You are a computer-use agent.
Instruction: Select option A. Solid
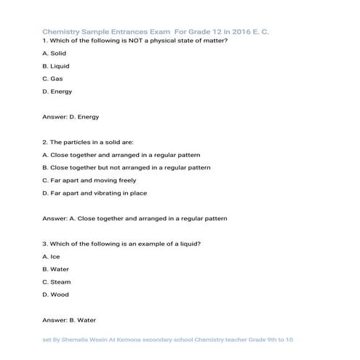tap(55, 53)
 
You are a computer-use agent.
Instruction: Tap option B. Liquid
tap(56, 65)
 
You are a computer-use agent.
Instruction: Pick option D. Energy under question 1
tap(57, 91)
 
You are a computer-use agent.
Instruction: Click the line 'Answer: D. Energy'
tap(71, 116)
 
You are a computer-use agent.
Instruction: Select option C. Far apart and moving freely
tap(89, 180)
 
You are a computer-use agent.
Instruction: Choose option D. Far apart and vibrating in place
tap(95, 193)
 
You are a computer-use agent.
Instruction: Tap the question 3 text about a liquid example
tap(116, 244)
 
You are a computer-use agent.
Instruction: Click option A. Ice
tap(51, 257)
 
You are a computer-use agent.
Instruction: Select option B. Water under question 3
tap(56, 269)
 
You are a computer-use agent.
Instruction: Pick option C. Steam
tap(57, 281)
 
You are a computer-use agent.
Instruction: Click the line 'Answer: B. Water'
tap(70, 320)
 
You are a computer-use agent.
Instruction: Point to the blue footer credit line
tap(167, 340)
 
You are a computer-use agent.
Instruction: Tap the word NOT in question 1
tap(119, 41)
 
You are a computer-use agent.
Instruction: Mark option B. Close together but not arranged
tap(127, 167)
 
